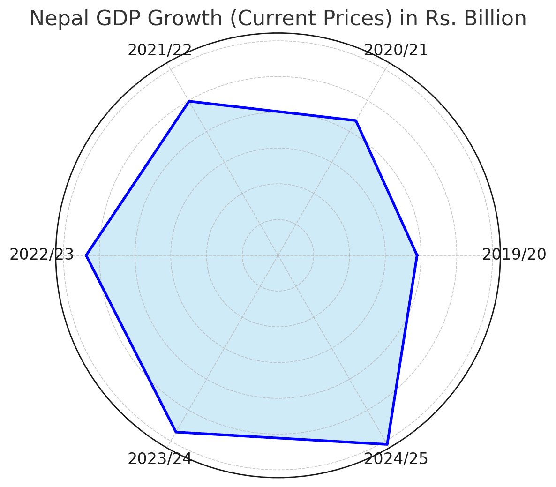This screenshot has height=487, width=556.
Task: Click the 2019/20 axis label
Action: pyautogui.click(x=514, y=255)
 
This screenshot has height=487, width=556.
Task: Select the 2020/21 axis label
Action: pyautogui.click(x=396, y=50)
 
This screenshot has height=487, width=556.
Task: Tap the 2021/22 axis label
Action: pyautogui.click(x=159, y=50)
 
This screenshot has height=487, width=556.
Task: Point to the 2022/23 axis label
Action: pyautogui.click(x=42, y=255)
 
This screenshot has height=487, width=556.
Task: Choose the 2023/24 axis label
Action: pyautogui.click(x=159, y=459)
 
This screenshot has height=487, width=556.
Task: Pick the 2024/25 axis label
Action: pyautogui.click(x=396, y=459)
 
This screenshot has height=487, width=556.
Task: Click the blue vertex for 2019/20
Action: pyautogui.click(x=417, y=255)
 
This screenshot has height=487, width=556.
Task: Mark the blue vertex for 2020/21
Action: pyautogui.click(x=356, y=121)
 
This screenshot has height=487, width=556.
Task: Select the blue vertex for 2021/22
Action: pyautogui.click(x=189, y=101)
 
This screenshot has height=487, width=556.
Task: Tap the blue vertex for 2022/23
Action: pyautogui.click(x=86, y=255)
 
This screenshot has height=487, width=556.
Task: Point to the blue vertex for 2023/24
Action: pyautogui.click(x=176, y=432)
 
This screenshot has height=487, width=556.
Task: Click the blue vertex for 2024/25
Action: pyautogui.click(x=387, y=444)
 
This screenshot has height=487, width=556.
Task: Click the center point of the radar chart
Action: pyautogui.click(x=278, y=255)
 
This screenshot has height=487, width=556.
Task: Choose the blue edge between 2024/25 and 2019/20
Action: pyautogui.click(x=402, y=350)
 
